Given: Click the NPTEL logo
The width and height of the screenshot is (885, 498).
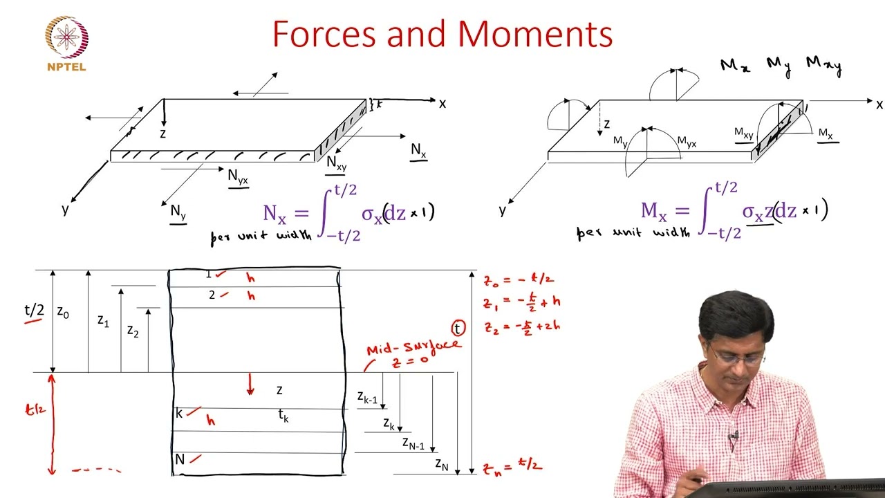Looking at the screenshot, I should [x=66, y=43].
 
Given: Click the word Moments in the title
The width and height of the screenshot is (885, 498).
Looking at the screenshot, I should [x=535, y=35].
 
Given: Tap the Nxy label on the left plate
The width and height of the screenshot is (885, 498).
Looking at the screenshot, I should [x=337, y=163].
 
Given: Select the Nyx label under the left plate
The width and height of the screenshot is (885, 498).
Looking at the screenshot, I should [x=238, y=177].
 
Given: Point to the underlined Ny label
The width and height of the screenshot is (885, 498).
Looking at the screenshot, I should [x=178, y=212].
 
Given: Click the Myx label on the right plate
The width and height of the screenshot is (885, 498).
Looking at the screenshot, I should [x=687, y=142].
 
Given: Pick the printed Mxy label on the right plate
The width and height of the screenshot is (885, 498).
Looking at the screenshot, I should [x=744, y=133].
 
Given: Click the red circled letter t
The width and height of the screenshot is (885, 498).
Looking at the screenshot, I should [x=458, y=329].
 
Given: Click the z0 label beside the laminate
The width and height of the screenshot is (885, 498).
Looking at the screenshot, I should [x=63, y=313].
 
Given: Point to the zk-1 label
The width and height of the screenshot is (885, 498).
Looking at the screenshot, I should [x=367, y=398].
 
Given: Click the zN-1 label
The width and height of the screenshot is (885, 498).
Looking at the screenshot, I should [x=413, y=443].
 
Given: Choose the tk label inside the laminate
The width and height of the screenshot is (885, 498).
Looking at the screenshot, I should [x=283, y=416].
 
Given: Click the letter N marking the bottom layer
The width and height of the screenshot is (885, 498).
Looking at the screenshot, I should [x=180, y=459].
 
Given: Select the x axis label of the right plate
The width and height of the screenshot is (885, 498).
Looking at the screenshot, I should [x=879, y=104].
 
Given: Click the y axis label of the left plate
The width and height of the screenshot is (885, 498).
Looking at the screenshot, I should [x=65, y=209].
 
